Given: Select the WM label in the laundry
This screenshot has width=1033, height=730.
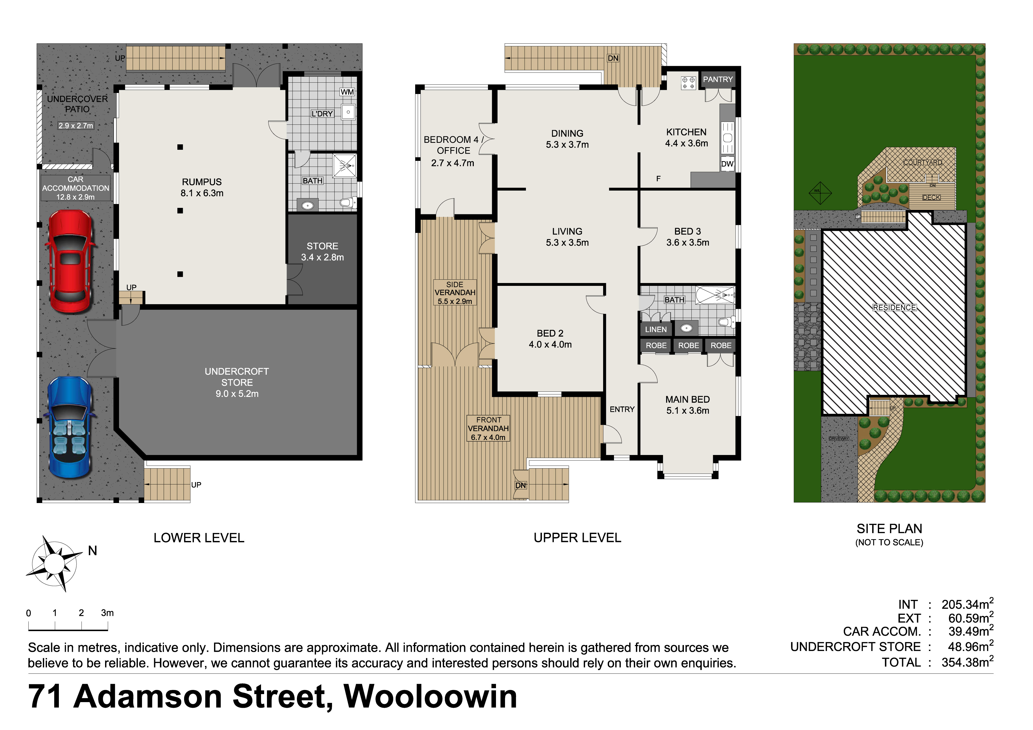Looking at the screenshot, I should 347,92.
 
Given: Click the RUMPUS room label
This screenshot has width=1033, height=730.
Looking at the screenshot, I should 202,182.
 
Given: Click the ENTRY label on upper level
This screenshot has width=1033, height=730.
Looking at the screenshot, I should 622,409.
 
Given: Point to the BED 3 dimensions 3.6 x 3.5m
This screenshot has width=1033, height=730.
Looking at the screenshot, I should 688,242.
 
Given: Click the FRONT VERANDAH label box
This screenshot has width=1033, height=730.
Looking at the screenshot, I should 488,428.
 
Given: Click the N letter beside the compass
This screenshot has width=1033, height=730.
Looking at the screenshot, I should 93,551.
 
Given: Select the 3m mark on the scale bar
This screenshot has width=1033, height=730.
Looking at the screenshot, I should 107,613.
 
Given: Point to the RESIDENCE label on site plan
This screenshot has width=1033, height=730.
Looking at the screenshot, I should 894,307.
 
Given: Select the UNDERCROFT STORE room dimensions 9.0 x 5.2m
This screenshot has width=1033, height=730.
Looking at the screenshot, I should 237,394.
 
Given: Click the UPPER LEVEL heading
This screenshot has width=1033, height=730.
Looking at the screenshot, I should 577,538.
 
